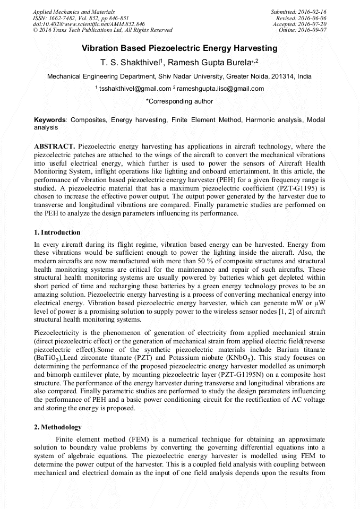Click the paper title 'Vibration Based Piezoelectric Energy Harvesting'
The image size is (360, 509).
(x=179, y=48)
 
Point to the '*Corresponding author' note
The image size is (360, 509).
(x=179, y=101)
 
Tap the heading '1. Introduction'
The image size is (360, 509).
(x=57, y=232)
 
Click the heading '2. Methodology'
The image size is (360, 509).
(x=57, y=427)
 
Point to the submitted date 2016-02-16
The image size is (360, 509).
(x=310, y=12)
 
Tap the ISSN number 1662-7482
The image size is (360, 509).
(x=63, y=18)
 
